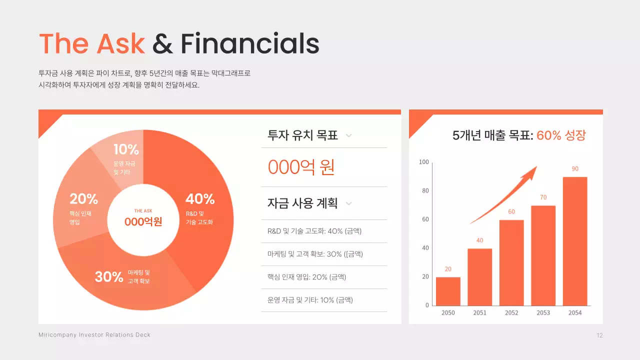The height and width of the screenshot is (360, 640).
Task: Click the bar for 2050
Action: point(448,291)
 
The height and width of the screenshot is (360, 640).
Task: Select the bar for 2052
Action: point(511,262)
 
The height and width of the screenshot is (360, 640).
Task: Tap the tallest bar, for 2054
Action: point(575,241)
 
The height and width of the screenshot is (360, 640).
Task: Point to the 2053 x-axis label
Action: point(543,312)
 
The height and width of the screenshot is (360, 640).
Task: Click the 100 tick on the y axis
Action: point(423,162)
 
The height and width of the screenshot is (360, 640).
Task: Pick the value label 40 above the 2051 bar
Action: point(479,240)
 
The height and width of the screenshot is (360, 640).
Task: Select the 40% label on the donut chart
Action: point(200,199)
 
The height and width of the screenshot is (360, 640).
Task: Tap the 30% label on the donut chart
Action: point(109,276)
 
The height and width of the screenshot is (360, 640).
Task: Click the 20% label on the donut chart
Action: point(83,199)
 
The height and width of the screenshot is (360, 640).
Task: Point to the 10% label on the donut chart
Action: point(126,149)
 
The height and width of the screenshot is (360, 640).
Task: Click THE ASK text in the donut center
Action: point(143,211)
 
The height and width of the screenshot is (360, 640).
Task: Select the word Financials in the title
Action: point(249,43)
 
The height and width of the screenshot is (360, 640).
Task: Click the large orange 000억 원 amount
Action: point(301,167)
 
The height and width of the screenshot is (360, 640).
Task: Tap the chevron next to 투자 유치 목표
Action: point(349,135)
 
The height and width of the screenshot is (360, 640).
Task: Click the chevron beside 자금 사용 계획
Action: point(349,203)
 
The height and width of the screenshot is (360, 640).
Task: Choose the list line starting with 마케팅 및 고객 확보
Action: point(315,254)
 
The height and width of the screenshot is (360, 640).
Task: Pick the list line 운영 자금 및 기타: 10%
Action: point(310,300)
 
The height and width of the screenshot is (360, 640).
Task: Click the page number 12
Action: point(599,335)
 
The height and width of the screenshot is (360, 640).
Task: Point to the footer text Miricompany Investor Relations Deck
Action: point(94,335)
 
